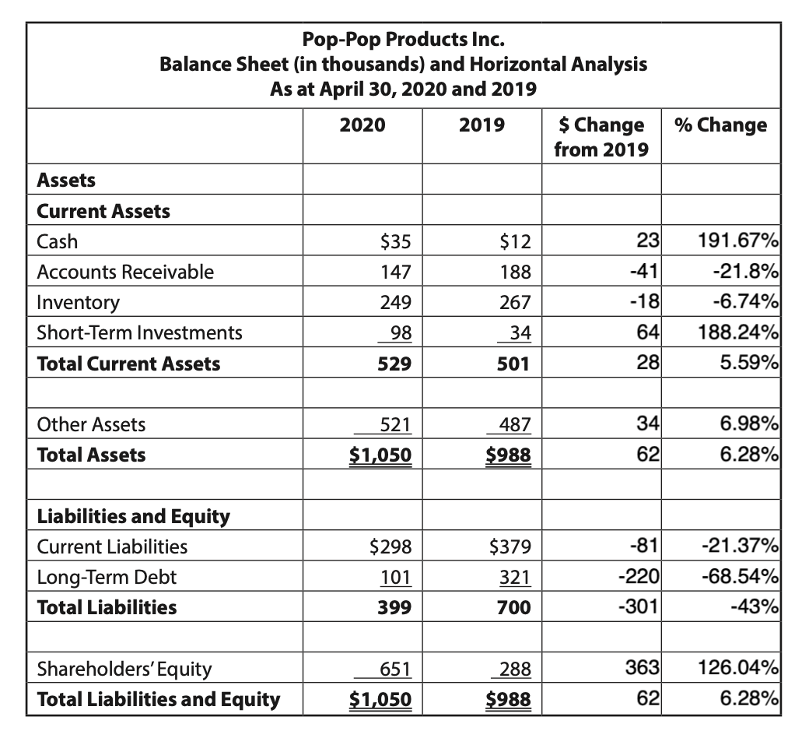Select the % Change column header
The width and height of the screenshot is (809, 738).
(720, 125)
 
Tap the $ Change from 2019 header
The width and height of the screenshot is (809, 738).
(601, 136)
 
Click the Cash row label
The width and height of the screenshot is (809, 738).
(58, 241)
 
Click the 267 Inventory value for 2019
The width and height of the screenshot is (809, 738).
(516, 302)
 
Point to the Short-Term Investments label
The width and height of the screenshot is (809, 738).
(140, 332)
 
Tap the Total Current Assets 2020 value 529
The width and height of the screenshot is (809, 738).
(396, 364)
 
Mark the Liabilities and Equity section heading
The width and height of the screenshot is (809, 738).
(134, 516)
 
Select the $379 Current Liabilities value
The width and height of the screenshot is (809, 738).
(510, 546)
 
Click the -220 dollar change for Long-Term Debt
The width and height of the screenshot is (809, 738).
(639, 577)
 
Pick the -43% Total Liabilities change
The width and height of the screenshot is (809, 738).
(755, 607)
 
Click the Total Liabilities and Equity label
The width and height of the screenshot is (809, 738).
(159, 699)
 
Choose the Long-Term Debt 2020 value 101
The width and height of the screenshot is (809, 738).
(396, 577)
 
